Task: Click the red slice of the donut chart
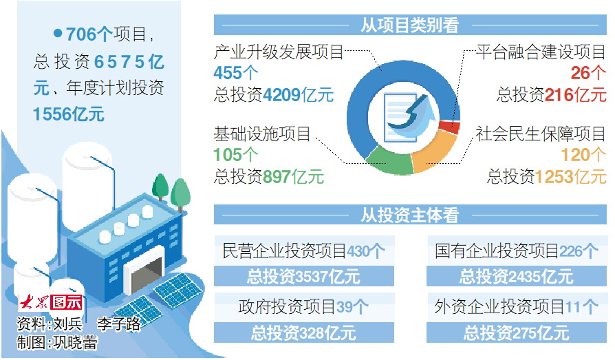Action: click(449, 126)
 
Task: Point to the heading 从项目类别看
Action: click(410, 25)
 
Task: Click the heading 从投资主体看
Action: click(410, 215)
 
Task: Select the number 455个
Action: click(236, 73)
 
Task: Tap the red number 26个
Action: click(588, 73)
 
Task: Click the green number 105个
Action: click(236, 155)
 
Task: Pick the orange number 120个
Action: click(583, 155)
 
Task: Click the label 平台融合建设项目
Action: click(541, 52)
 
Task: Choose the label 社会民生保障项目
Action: click(541, 134)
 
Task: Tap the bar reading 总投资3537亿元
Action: click(304, 277)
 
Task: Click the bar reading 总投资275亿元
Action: click(517, 333)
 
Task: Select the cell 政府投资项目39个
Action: click(304, 306)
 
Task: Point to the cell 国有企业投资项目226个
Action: click(517, 251)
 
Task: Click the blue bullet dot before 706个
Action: click(58, 33)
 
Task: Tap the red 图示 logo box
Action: click(67, 302)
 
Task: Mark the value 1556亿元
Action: click(69, 114)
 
